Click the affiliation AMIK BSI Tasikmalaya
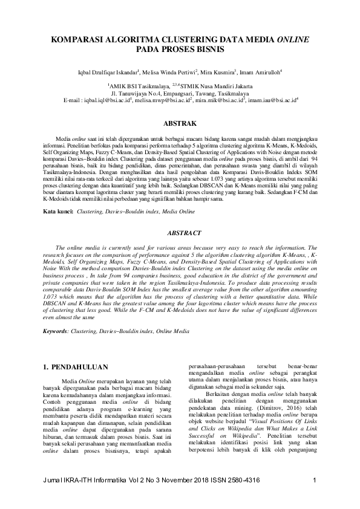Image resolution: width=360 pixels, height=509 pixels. pos(138,87)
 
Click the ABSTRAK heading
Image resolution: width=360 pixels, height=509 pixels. pos(180,123)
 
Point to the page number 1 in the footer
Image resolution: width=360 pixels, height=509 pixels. pos(315,497)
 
